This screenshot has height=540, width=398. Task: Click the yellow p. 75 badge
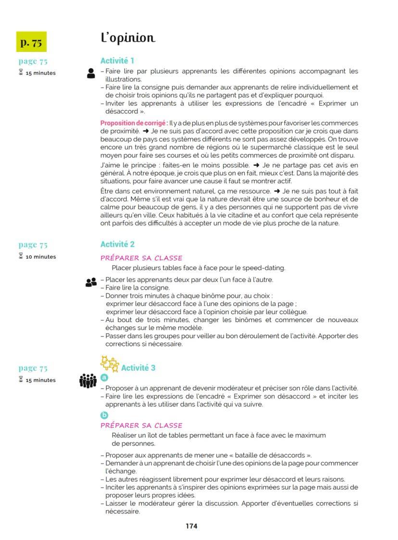pos(31,42)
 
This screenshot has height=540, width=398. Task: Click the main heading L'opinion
pos(127,38)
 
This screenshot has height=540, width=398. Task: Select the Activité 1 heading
pos(117,61)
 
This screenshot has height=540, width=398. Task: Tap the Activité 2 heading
pos(117,244)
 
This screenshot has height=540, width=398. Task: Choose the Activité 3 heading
pos(138,368)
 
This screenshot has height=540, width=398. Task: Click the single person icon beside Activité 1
pos(91,74)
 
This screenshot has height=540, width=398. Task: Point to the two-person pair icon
pos(91,283)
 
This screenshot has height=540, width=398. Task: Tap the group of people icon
pos(87,381)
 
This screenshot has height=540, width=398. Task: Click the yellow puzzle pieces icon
pos(109,364)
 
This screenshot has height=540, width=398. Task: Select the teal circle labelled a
pos(104,378)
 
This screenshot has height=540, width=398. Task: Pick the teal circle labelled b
pos(104,415)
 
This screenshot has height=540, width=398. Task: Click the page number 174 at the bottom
pos(191,526)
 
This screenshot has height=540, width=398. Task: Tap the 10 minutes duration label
pos(41,257)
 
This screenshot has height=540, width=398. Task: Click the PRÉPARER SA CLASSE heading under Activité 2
pos(141,258)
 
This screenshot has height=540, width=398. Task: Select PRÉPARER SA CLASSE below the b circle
pos(141,426)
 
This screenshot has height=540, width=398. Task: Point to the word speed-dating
pos(266,268)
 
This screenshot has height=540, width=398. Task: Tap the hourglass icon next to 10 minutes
pos(21,256)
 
